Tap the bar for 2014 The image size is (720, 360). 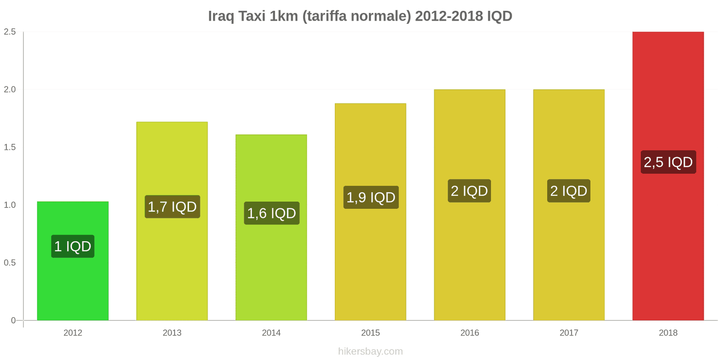(271, 270)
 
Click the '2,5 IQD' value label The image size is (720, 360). (668, 162)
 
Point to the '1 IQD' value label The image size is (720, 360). (73, 246)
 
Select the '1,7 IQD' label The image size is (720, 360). (172, 207)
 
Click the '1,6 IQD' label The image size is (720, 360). (271, 213)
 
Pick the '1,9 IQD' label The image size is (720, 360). (371, 197)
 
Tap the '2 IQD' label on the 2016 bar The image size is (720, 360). (469, 191)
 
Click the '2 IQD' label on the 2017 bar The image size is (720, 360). (569, 191)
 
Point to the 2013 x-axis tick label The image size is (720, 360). (172, 333)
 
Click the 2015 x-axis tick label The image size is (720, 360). (370, 333)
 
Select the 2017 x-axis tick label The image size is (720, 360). (569, 333)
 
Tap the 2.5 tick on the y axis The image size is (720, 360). (10, 31)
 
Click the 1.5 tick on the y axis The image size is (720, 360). (10, 147)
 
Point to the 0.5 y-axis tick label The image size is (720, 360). (10, 262)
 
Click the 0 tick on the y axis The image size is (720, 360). (13, 320)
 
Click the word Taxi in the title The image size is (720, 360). (252, 16)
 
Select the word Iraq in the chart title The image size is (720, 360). (221, 16)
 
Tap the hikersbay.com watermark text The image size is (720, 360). (370, 351)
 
